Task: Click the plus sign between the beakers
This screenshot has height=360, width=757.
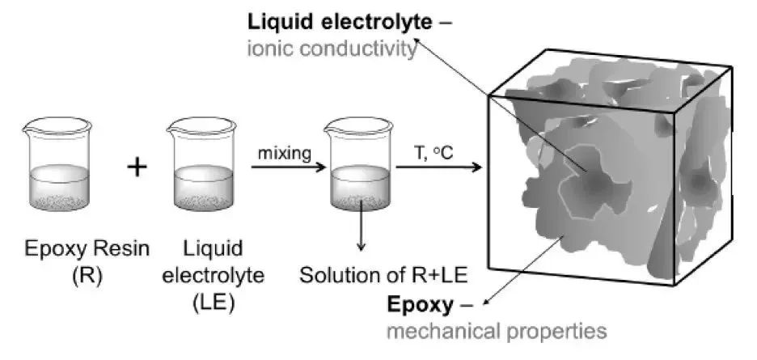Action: (137, 167)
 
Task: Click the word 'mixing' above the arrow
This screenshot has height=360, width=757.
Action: (285, 154)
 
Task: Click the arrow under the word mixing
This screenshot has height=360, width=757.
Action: (288, 167)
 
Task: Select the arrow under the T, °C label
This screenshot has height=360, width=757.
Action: (439, 167)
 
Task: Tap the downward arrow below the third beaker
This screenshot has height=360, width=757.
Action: (360, 225)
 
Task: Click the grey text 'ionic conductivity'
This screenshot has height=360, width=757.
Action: (332, 49)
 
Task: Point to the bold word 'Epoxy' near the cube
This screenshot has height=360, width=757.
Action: (420, 304)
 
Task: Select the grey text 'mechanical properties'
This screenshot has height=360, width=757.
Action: (497, 332)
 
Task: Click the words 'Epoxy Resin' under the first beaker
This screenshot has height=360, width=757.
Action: (87, 250)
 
